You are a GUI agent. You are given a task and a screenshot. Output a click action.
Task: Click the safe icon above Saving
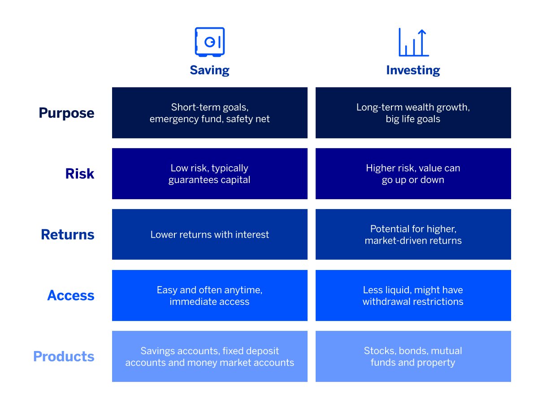click(209, 42)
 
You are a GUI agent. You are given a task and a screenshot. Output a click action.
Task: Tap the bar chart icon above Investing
click(413, 43)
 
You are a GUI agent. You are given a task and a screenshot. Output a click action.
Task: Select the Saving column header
click(209, 70)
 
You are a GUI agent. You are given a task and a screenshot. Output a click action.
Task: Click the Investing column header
click(413, 70)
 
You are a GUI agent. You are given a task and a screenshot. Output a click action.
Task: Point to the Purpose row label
click(66, 113)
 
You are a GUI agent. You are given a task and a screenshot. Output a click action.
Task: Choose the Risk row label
click(80, 174)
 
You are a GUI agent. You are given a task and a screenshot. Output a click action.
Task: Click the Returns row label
click(68, 235)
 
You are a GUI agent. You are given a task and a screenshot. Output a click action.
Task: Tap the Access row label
click(71, 296)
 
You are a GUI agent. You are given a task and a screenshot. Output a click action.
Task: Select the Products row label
click(64, 356)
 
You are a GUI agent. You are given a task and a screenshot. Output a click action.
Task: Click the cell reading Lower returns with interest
click(209, 235)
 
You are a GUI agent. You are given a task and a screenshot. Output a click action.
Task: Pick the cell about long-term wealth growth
click(413, 113)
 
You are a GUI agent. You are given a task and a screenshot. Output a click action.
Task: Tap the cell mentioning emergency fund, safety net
click(209, 113)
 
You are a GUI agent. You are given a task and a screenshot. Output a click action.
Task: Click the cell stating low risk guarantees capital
click(209, 174)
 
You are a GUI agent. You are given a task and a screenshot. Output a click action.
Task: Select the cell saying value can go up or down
click(413, 174)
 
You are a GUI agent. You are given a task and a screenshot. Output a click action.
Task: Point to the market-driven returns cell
click(413, 235)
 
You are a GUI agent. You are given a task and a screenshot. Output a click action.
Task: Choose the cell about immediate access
click(209, 296)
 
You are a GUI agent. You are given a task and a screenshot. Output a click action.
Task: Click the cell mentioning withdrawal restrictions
click(413, 296)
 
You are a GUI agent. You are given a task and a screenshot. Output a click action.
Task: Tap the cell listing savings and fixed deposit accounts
click(209, 356)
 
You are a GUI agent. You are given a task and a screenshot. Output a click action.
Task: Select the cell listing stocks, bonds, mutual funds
click(413, 356)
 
